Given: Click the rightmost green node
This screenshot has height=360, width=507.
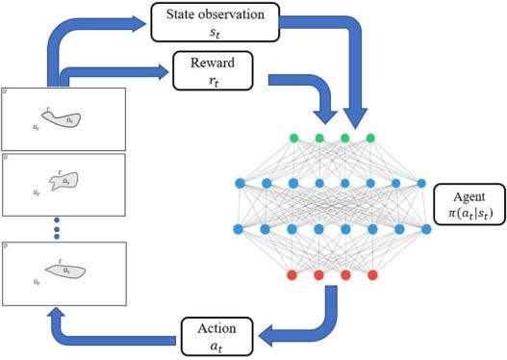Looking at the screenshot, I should [x=371, y=138].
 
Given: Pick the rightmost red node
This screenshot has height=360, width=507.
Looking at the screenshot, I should [x=371, y=276].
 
